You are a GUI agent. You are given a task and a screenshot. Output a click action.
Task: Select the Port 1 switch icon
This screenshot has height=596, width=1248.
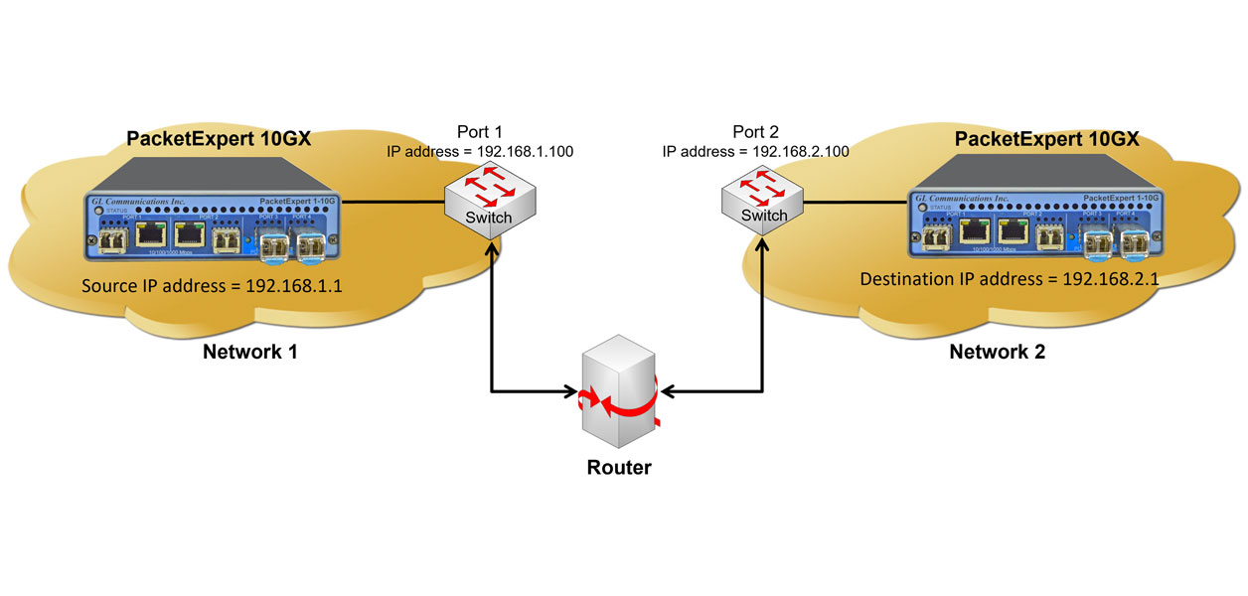[492, 203]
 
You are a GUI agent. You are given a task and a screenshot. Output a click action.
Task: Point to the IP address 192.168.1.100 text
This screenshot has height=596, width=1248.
[481, 152]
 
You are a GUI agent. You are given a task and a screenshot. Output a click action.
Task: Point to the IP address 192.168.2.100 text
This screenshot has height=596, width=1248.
[756, 152]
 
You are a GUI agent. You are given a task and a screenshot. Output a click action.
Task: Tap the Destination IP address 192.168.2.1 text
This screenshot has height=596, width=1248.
[1010, 279]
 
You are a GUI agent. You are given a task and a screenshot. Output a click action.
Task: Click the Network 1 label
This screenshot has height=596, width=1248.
[250, 352]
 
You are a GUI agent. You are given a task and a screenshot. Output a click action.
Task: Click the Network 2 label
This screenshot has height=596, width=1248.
[997, 352]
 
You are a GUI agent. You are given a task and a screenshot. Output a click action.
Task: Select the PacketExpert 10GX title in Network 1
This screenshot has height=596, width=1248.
[220, 138]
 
